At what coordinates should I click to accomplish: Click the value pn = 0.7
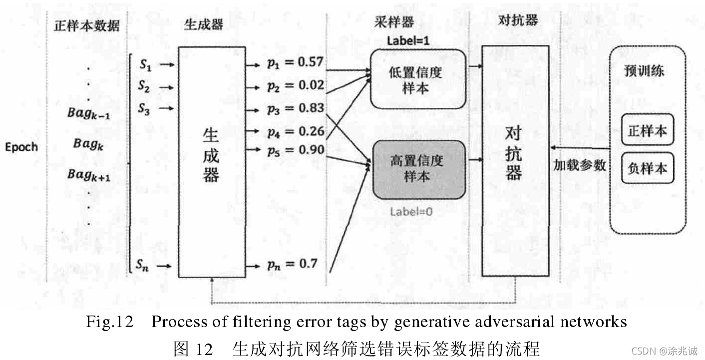(292, 264)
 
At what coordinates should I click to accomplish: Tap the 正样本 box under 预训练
(647, 131)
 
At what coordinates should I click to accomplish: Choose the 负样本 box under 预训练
(647, 168)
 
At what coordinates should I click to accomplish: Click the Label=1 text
(408, 41)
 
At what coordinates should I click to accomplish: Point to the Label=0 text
(411, 211)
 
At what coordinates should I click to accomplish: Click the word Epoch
(21, 147)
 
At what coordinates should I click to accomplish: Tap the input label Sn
(142, 265)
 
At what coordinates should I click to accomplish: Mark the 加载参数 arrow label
(579, 165)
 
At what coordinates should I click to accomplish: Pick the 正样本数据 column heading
(87, 26)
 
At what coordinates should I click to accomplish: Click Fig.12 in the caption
(109, 322)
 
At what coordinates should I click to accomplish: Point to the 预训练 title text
(644, 71)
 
